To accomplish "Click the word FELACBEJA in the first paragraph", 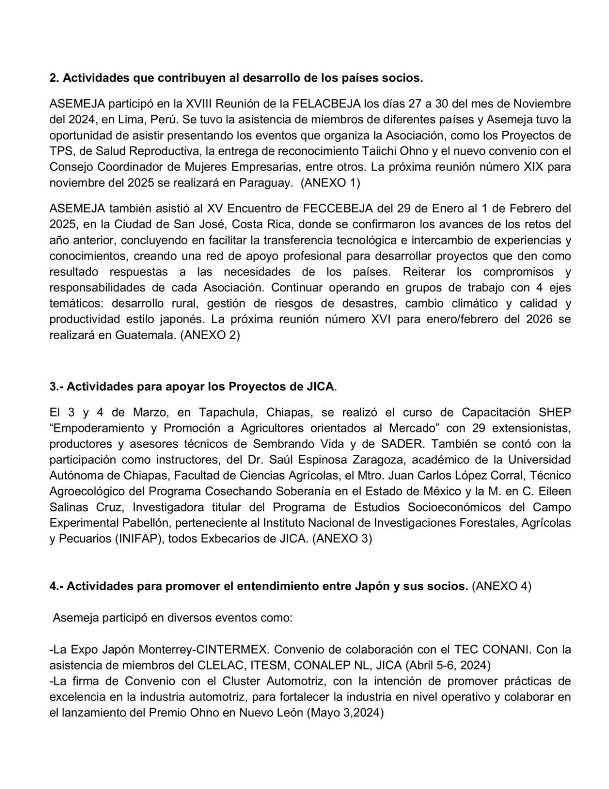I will [x=327, y=104].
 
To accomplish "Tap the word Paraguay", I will [x=266, y=183].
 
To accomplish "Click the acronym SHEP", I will [x=555, y=412].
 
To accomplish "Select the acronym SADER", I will [x=402, y=444].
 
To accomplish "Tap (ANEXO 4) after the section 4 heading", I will [x=502, y=586].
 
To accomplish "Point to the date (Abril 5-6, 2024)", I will [x=448, y=665].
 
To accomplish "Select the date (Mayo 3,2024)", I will [x=345, y=713].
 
